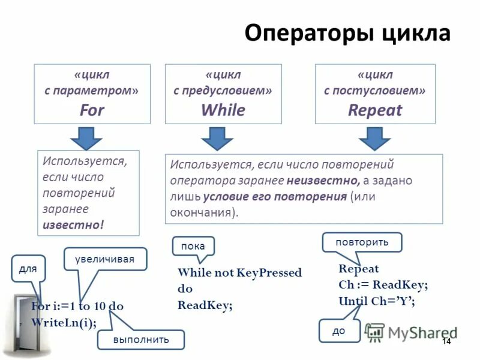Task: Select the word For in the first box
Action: tap(92, 110)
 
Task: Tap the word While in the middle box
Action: tap(223, 110)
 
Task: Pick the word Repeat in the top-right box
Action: tap(375, 110)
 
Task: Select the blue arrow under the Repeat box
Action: tap(375, 139)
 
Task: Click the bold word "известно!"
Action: tap(73, 224)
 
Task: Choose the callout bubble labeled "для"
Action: tap(27, 269)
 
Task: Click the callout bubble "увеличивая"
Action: tap(105, 259)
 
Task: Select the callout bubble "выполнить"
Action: tap(141, 340)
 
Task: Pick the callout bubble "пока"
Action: tap(193, 246)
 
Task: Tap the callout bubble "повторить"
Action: tap(362, 242)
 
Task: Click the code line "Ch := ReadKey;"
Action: tap(383, 285)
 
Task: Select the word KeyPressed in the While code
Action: tap(269, 273)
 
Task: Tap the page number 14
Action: tap(446, 341)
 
